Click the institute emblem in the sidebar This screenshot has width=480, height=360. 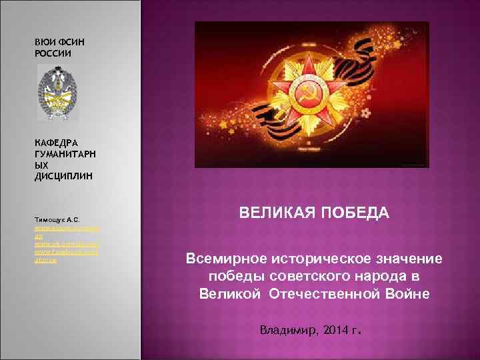pos(57,93)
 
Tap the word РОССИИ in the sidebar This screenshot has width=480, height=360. pos(53,53)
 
